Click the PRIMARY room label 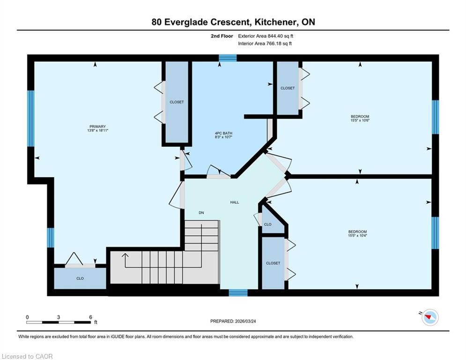pos(97,127)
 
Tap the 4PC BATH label pos(223,133)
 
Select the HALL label pos(235,202)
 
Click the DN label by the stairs pos(201,213)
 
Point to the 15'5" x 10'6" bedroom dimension pos(360,120)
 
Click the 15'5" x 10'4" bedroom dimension pos(357,236)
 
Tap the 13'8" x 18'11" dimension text pos(97,130)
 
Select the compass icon pos(430,317)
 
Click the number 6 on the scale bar pos(91,317)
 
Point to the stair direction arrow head pos(125,255)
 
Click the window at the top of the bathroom pos(228,58)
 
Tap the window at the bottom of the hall pos(238,293)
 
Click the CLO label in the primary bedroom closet pos(80,278)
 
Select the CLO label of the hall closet pos(267,225)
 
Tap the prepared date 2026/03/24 pos(245,321)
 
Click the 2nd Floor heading pos(222,36)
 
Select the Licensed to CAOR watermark pos(27,356)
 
